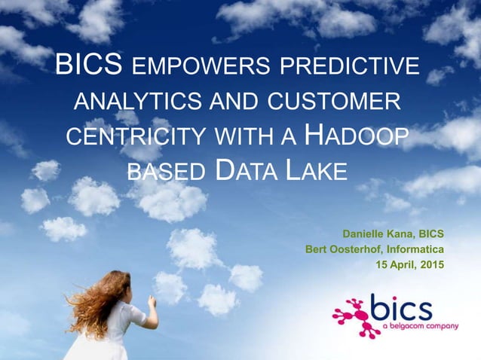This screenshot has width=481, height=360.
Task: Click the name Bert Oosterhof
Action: pos(341,249)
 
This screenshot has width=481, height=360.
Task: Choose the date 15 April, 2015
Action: pos(409,264)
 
